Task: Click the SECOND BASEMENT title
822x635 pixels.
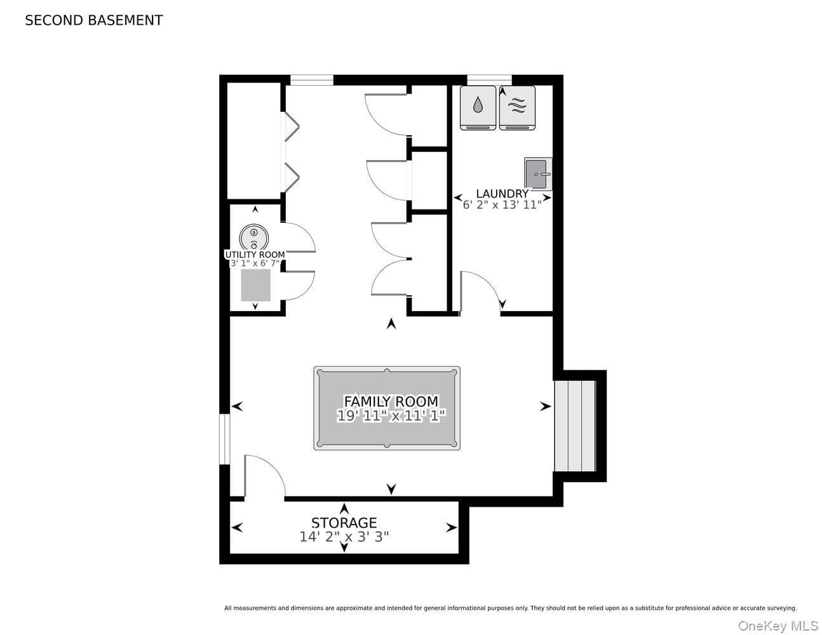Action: (94, 20)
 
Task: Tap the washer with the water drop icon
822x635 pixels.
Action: (478, 108)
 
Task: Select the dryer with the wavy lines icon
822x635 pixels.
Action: (517, 108)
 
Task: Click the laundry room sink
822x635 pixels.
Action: (538, 174)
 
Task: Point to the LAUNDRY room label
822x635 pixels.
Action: (502, 194)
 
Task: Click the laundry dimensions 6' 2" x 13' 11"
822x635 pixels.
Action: (502, 205)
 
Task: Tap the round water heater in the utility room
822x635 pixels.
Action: (254, 237)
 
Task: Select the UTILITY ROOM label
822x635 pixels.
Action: (255, 255)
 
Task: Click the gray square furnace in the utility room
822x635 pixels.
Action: (256, 285)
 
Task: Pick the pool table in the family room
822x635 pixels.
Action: (387, 408)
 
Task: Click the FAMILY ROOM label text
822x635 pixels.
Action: (391, 401)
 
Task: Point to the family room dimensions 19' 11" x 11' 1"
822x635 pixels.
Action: (391, 416)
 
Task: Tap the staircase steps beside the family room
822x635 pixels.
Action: (575, 426)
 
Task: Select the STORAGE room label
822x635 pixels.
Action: (344, 523)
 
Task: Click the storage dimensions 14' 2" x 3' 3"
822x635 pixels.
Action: (344, 537)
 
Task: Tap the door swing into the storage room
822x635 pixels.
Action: (271, 467)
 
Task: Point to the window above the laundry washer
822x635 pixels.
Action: (489, 80)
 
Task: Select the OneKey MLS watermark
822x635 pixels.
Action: (778, 625)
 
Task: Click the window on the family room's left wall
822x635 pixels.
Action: (225, 439)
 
